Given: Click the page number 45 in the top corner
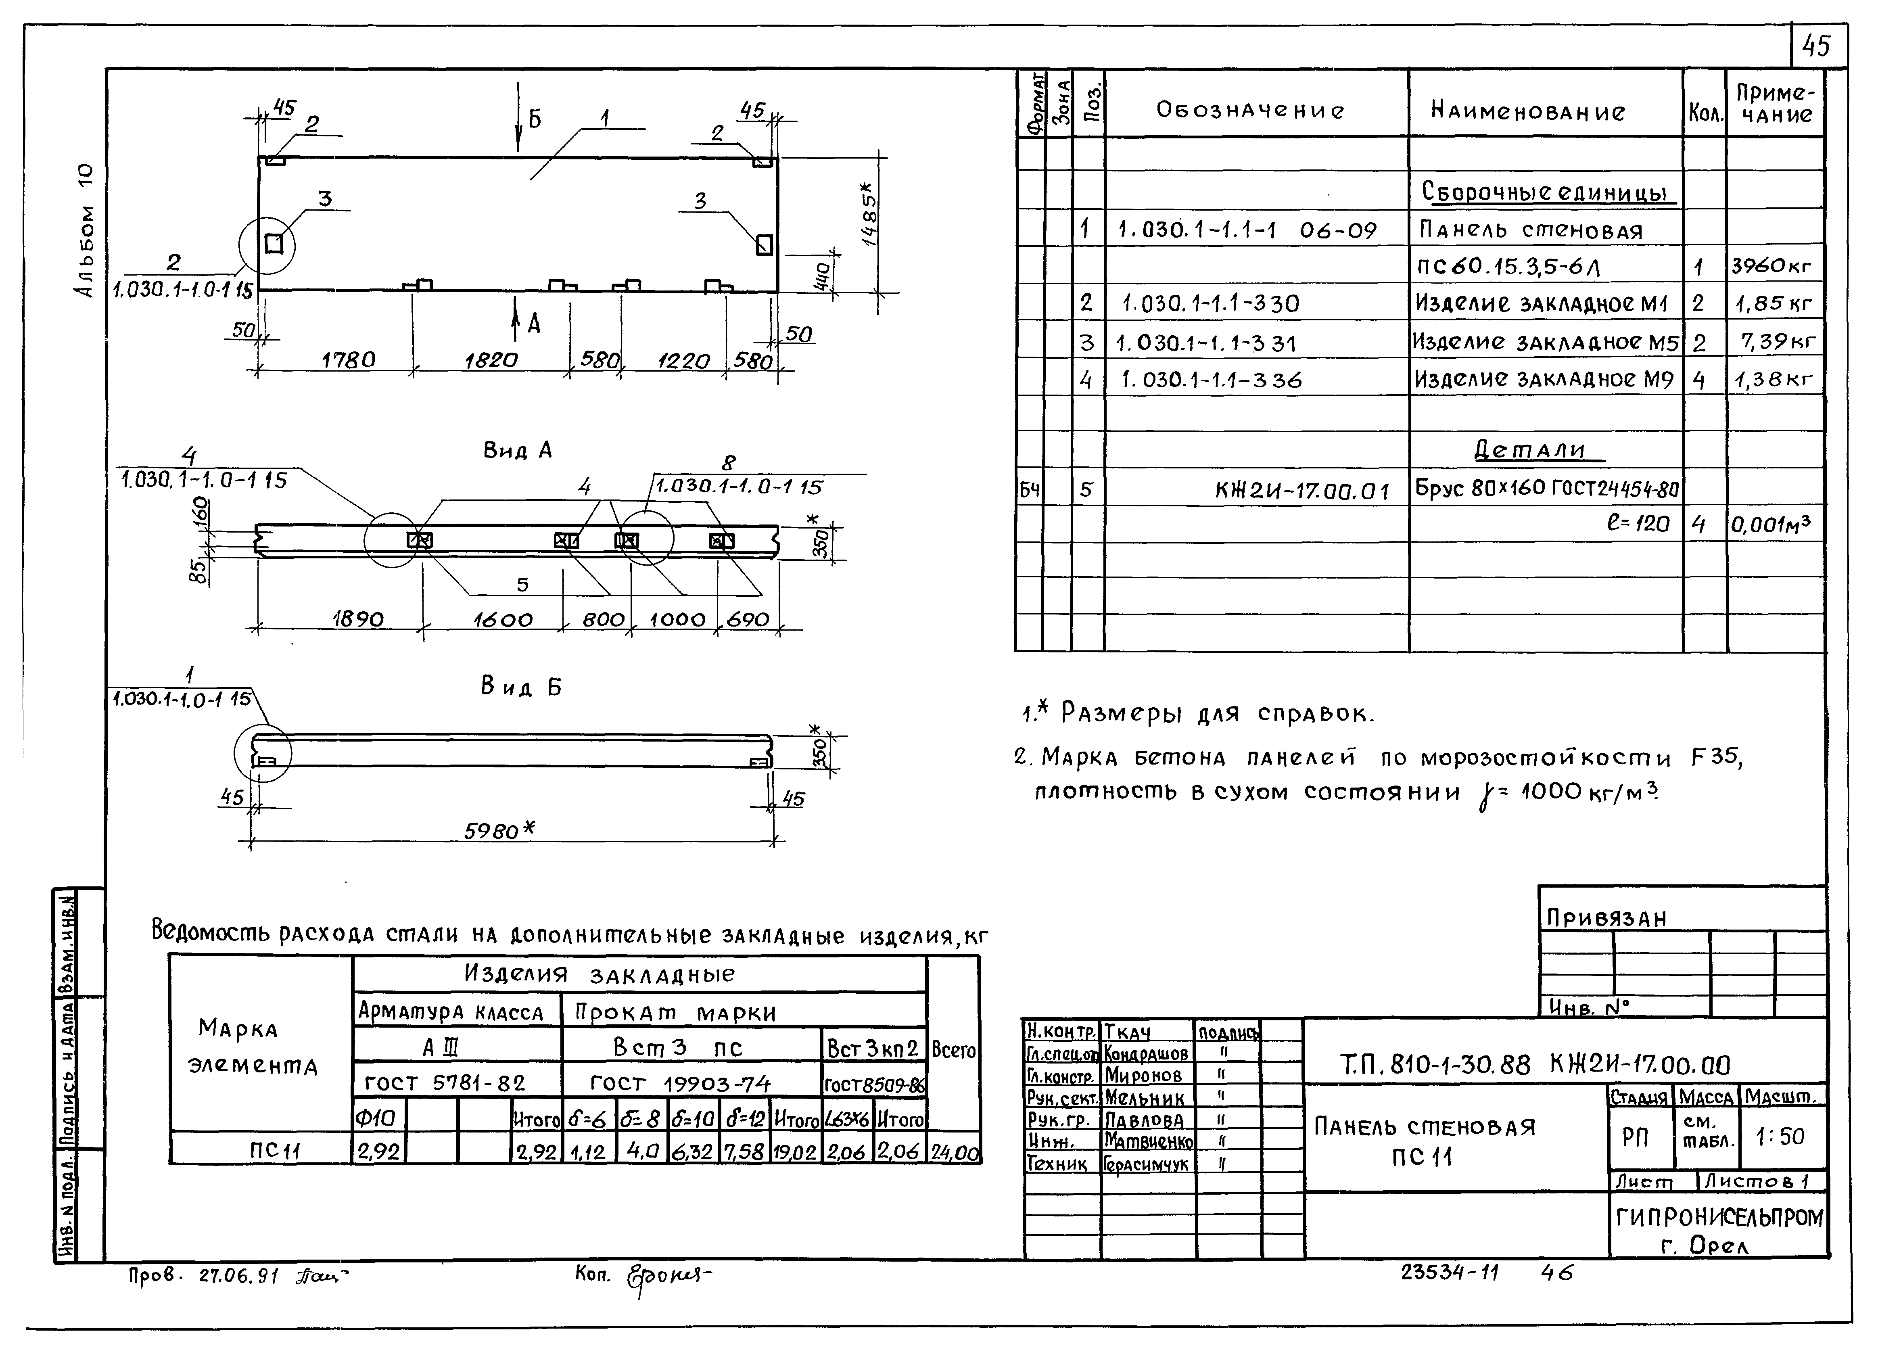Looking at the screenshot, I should pyautogui.click(x=1816, y=46).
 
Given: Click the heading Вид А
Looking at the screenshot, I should pyautogui.click(x=518, y=451).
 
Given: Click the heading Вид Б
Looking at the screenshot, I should pyautogui.click(x=521, y=687).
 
